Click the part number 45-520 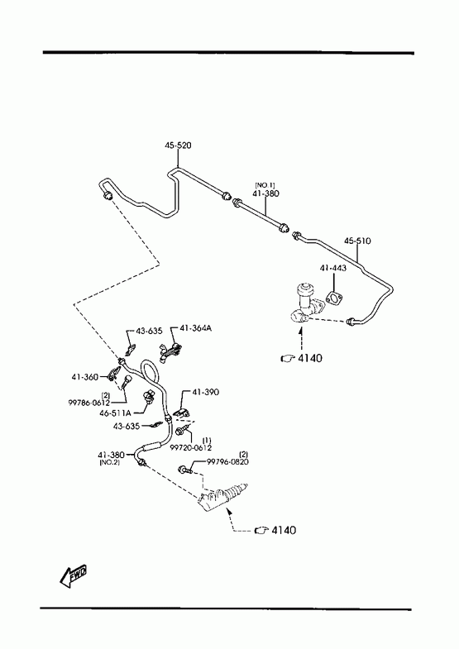coord(178,146)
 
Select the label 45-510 coord(357,241)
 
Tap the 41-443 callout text coord(332,268)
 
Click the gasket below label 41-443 coord(333,298)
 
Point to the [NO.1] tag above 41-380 coord(265,185)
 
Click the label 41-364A coord(195,328)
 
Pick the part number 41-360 coord(85,377)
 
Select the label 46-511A coord(115,413)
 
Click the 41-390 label coord(206,392)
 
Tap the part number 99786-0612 coord(89,403)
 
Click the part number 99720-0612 coord(191,447)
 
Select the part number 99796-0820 coord(227,461)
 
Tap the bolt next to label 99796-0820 coord(185,470)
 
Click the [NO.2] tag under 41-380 coord(110,462)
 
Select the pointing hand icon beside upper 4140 coord(287,359)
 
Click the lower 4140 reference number coord(284,530)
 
